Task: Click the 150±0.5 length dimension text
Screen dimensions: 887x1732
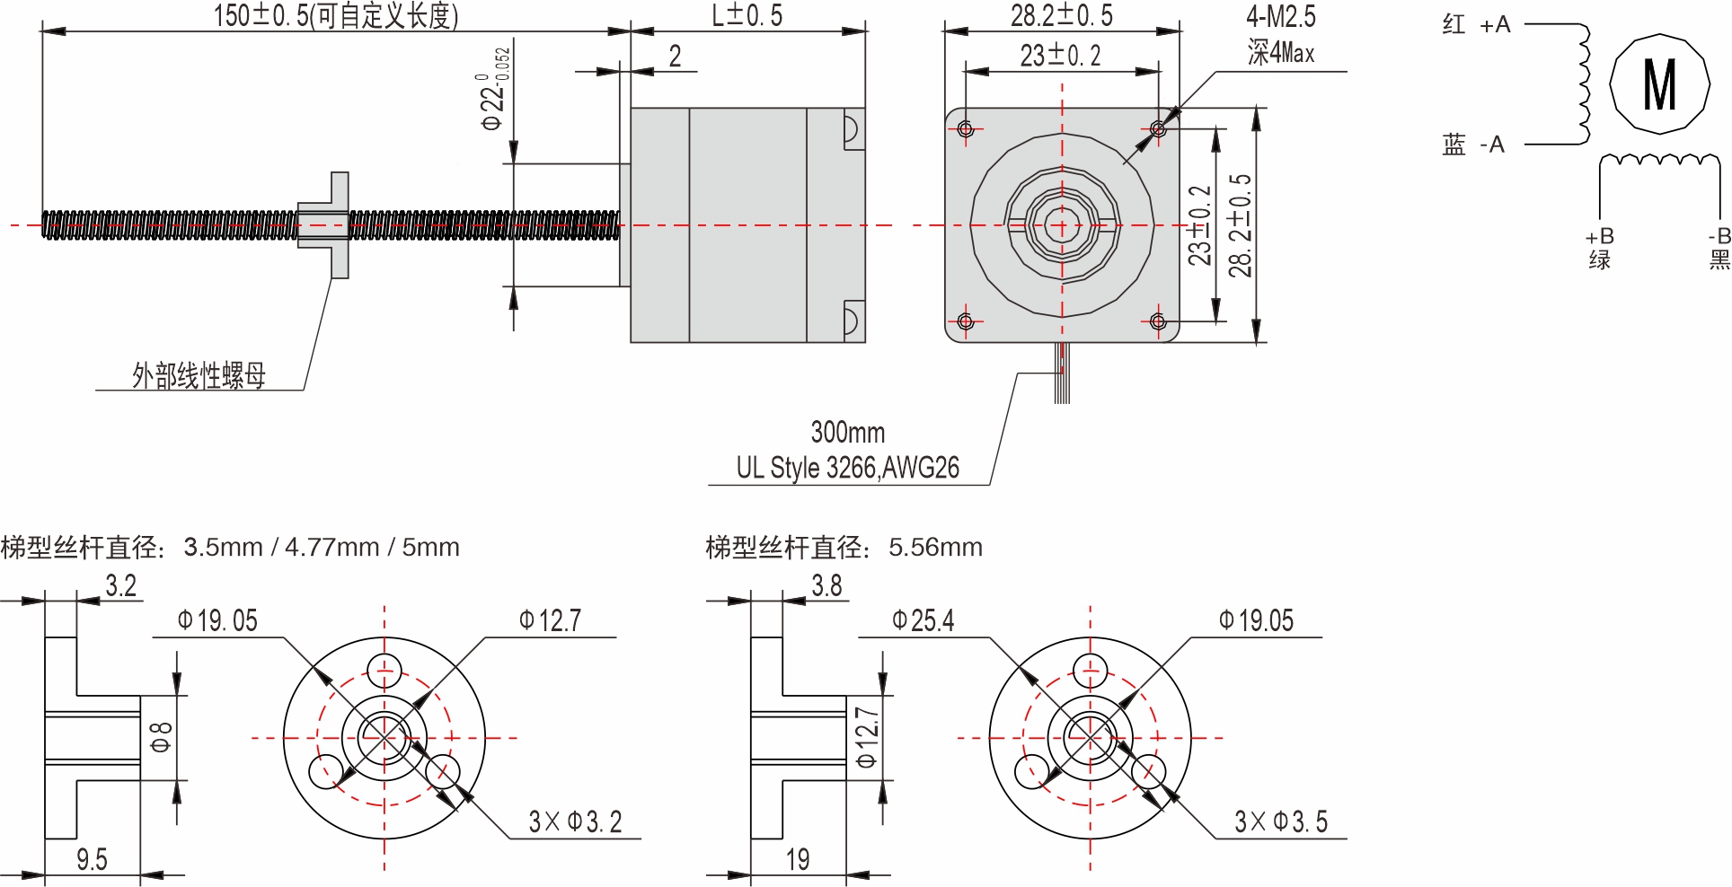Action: click(x=335, y=15)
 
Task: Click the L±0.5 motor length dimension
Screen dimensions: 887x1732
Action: click(x=747, y=15)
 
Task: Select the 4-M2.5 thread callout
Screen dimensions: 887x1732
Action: click(x=1280, y=16)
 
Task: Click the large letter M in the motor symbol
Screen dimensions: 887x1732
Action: click(x=1658, y=85)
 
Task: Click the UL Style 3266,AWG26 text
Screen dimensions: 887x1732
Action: click(x=847, y=468)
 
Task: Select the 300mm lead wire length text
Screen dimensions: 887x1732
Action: click(x=847, y=433)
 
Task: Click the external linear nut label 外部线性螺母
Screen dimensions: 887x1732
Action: click(x=199, y=375)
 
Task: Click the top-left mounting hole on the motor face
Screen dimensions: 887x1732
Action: click(x=966, y=129)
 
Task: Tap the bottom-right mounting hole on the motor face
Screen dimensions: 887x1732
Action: click(x=1158, y=321)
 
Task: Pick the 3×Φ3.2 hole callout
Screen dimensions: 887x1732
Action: click(x=575, y=821)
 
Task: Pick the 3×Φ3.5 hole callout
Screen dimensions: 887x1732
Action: click(x=1280, y=821)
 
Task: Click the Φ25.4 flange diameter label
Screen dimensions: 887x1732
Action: click(x=923, y=620)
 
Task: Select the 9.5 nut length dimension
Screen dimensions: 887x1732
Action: click(x=92, y=860)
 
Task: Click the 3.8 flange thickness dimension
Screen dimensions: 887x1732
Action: click(x=826, y=586)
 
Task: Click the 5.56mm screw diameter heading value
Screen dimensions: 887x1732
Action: click(x=935, y=547)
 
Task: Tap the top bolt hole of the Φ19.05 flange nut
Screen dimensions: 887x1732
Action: click(x=384, y=670)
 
